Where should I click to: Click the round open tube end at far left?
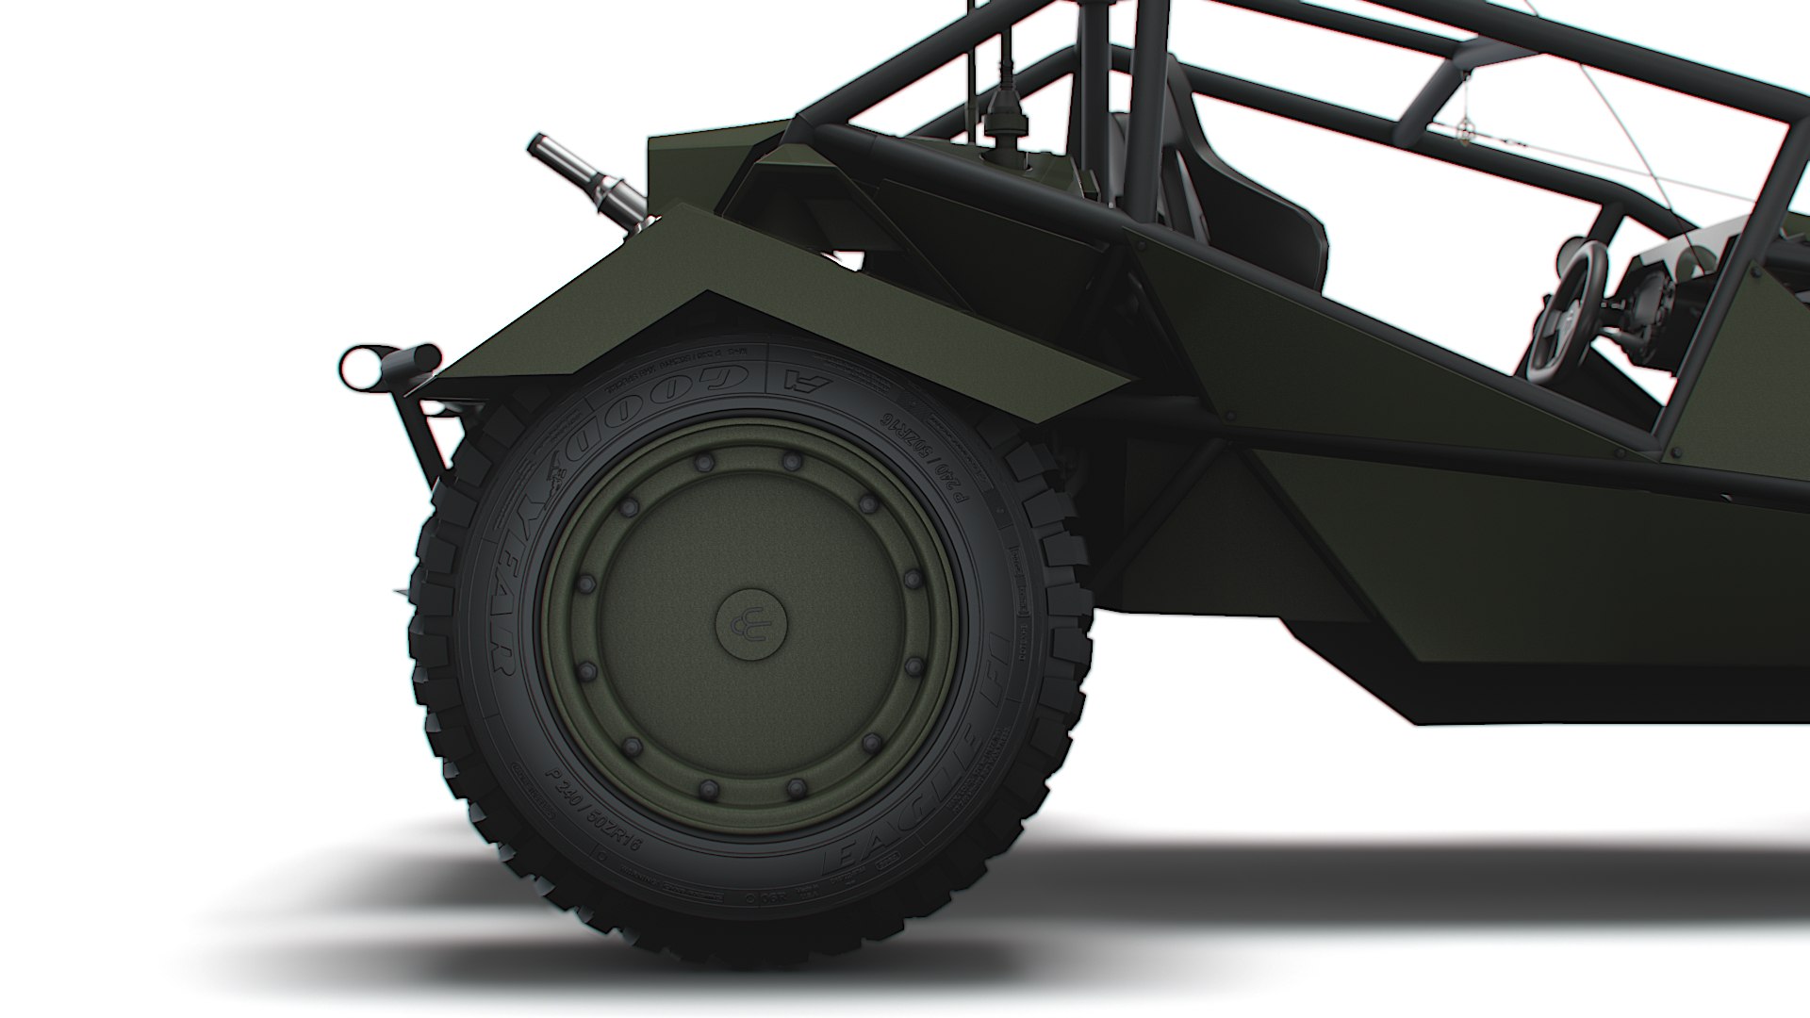(x=360, y=367)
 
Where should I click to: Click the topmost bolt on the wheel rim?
(x=790, y=460)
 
